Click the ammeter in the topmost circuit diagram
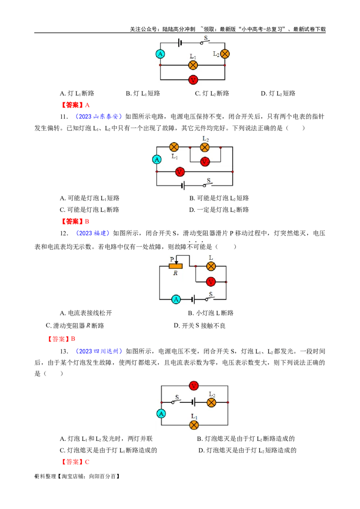160,54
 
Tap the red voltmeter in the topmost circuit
193,80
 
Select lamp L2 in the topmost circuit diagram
225,54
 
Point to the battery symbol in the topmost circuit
180,43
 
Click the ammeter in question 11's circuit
157,159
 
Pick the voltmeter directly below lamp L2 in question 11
205,161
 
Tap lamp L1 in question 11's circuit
174,147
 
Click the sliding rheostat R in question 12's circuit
175,266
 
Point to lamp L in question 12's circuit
211,267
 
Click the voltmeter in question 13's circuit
193,386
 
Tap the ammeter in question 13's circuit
161,414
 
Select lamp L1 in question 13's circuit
194,424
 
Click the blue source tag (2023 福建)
93,233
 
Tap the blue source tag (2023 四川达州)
99,351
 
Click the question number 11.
64,116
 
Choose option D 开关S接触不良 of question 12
199,326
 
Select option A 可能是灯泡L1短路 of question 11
90,198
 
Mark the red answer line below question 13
75,462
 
